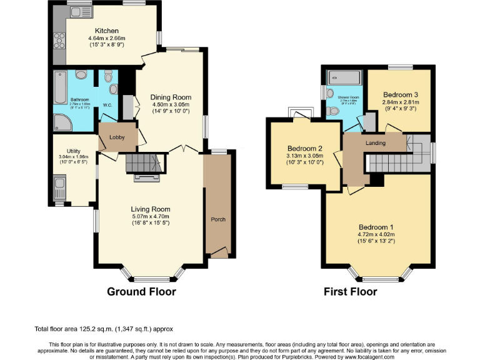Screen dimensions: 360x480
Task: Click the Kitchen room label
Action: [106, 31]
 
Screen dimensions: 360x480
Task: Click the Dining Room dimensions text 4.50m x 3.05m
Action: [171, 105]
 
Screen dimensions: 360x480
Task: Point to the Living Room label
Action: [150, 209]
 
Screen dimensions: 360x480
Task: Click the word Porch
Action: [217, 219]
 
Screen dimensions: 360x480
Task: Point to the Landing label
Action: [375, 143]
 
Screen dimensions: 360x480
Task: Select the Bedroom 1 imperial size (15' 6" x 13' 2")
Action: [376, 241]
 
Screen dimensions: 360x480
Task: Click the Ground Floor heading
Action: [141, 291]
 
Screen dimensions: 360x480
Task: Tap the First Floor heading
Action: [350, 291]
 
